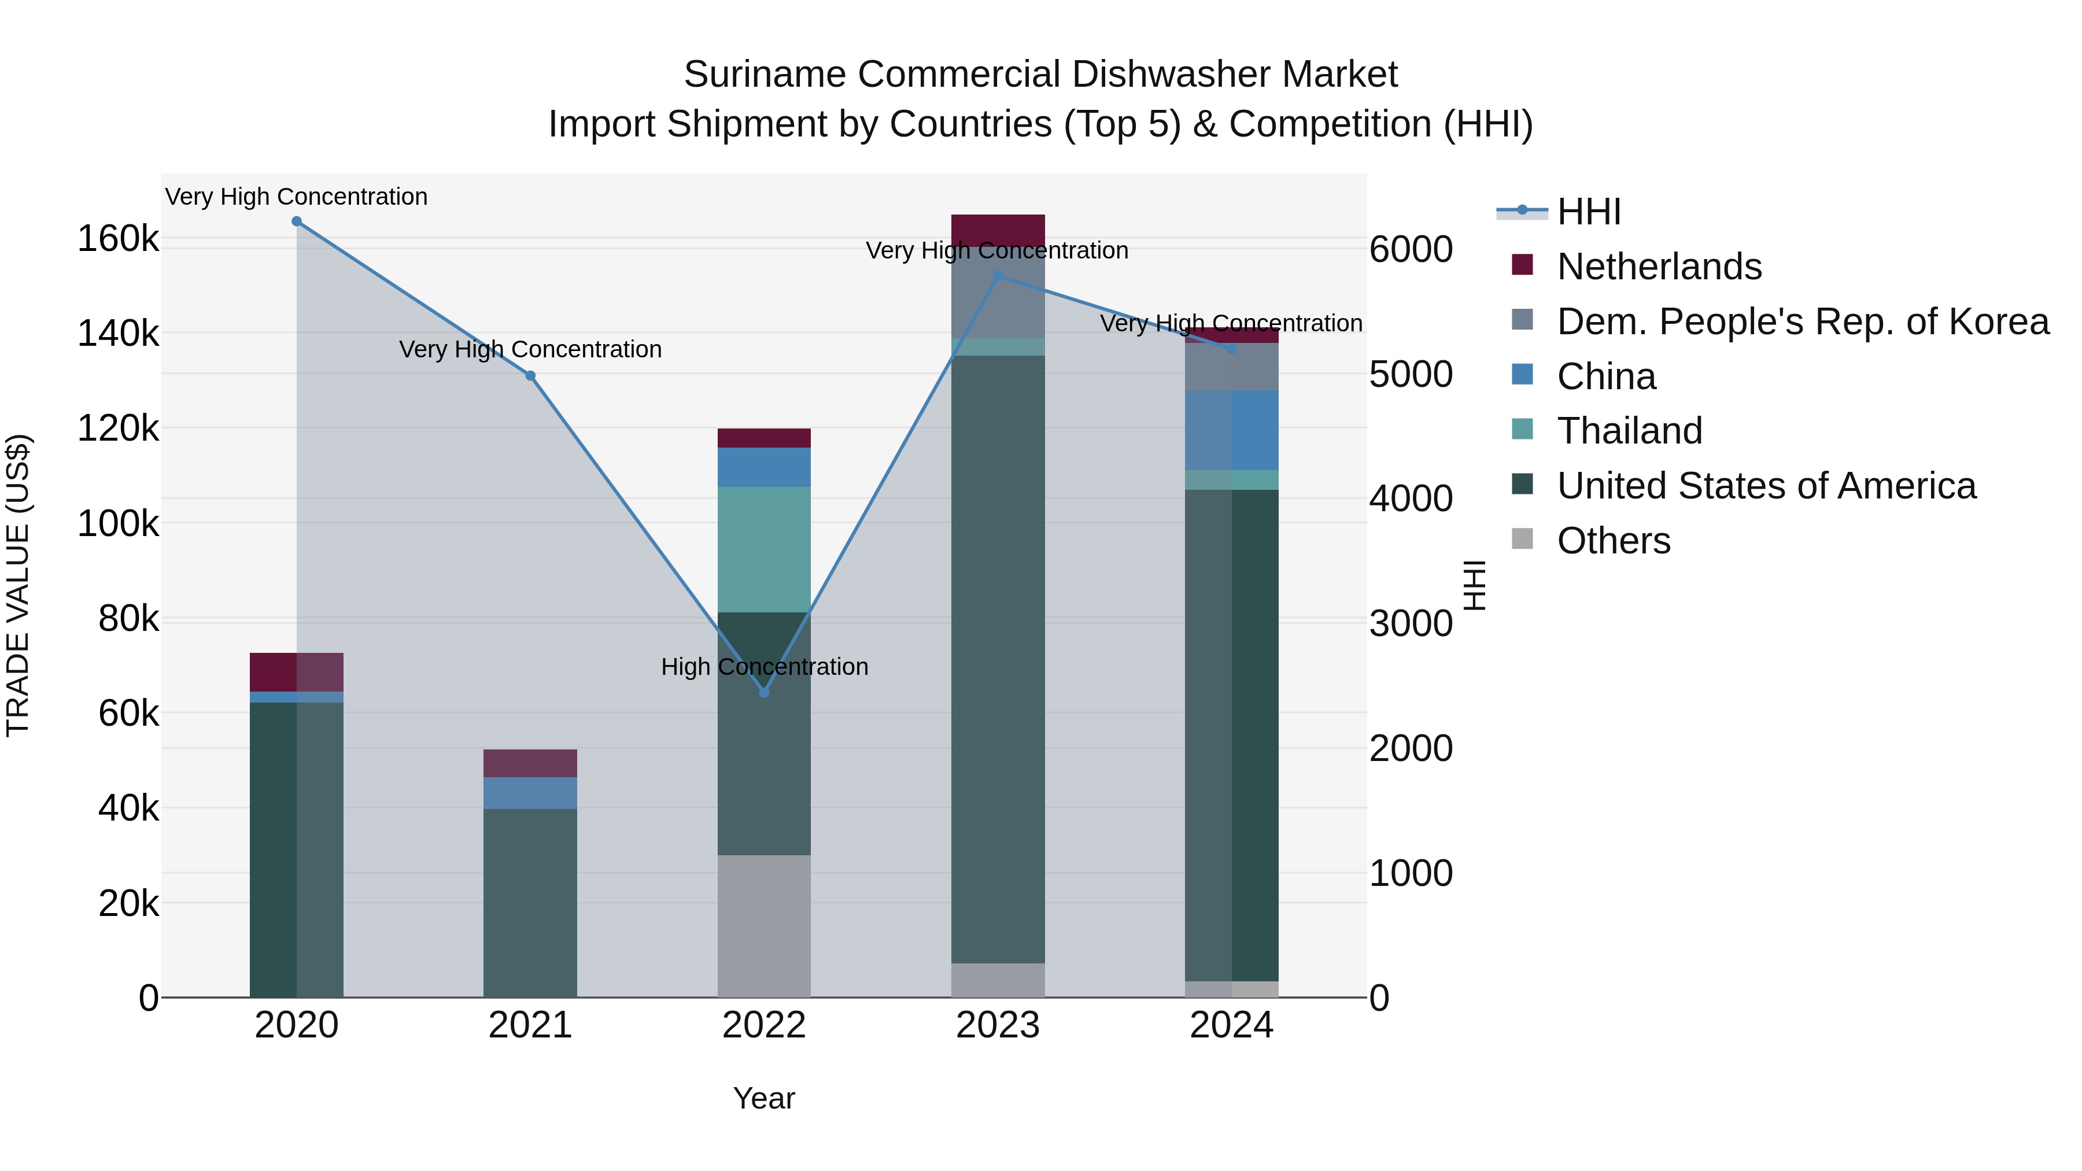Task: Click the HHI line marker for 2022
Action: coord(764,693)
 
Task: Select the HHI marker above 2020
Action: coord(297,221)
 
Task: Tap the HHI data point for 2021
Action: coord(530,376)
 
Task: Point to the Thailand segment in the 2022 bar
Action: coord(764,549)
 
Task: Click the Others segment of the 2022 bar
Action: coord(764,925)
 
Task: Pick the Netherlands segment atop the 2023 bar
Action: coord(998,230)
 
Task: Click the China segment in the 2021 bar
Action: coord(530,793)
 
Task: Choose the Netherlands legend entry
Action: coord(1659,267)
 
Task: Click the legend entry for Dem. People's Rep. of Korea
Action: coord(1802,322)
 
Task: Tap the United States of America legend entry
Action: coord(1766,486)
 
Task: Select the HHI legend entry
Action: coord(1588,212)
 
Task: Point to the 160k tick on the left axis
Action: coord(118,239)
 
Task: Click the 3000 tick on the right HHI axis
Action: coord(1411,623)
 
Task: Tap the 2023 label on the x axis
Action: coord(998,1025)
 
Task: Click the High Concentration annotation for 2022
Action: coord(764,667)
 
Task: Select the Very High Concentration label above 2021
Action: coord(530,349)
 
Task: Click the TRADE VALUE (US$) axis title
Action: coord(18,585)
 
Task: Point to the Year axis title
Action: coord(764,1098)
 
